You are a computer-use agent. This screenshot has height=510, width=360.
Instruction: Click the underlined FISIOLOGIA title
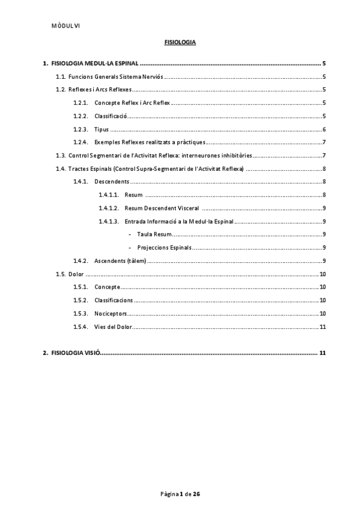(180, 43)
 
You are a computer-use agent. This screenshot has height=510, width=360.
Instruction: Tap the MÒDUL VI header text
(66, 25)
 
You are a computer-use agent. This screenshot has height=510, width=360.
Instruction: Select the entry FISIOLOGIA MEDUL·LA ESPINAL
(96, 63)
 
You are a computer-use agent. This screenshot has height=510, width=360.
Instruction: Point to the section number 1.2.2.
(81, 116)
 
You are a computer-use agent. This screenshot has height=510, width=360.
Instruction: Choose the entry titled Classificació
(110, 116)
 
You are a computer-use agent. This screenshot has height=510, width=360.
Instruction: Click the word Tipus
(102, 129)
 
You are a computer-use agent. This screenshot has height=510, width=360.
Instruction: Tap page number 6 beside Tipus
(324, 129)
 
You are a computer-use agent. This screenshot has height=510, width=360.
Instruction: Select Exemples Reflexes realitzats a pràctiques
(150, 143)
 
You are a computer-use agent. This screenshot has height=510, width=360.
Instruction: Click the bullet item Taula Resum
(154, 235)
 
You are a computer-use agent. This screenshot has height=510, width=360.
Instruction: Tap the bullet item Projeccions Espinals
(164, 248)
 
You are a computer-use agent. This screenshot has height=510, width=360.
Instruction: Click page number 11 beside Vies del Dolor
(323, 327)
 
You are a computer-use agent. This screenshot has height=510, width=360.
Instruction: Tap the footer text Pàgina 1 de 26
(180, 494)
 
